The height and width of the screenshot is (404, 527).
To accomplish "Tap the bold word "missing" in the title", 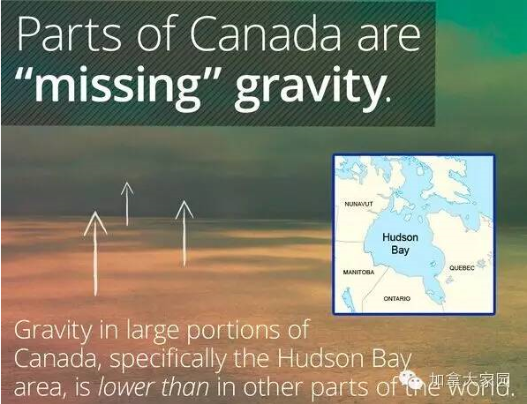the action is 118,84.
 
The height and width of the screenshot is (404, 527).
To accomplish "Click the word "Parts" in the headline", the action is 69,34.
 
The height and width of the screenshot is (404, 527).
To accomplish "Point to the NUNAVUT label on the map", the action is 358,204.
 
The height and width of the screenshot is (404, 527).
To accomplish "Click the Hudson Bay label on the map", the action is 400,243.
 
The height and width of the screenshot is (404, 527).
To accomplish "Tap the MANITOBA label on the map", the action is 358,272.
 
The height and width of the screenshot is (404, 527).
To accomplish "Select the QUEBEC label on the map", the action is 463,267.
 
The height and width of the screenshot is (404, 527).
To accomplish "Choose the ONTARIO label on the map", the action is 397,298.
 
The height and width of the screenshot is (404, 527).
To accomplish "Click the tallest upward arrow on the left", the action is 95,253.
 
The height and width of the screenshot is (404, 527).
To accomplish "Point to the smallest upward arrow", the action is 127,204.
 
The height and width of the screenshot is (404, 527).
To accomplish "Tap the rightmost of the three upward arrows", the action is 184,234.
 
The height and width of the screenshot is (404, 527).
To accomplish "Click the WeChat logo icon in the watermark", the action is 411,379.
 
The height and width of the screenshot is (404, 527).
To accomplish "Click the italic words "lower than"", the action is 154,387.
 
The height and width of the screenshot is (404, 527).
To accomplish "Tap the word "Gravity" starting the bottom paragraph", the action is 52,331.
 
